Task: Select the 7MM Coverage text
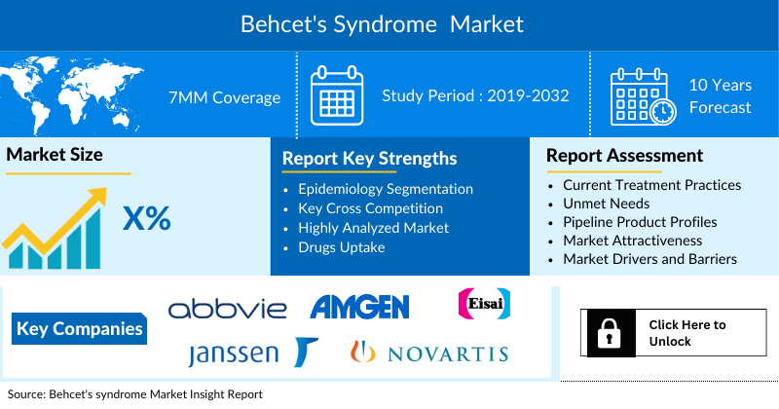[x=225, y=96]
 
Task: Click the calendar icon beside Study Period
[x=336, y=94]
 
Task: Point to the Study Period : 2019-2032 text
[x=475, y=95]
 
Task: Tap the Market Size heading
[x=55, y=154]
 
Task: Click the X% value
[x=146, y=219]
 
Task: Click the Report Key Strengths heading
[x=369, y=158]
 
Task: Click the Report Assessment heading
[x=624, y=155]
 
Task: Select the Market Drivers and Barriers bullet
[x=649, y=259]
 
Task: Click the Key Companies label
[x=80, y=328]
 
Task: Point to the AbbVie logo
[x=228, y=310]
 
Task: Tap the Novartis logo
[x=429, y=353]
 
